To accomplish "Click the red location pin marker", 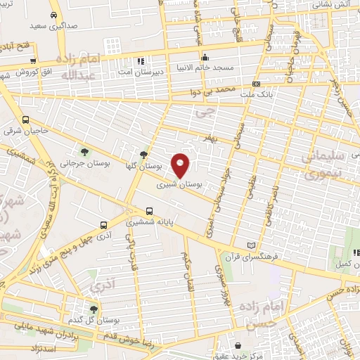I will [x=181, y=165].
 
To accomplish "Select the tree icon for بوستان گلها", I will [x=144, y=155].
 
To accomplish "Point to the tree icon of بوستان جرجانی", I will [x=85, y=152].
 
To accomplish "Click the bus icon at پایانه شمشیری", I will [x=149, y=210].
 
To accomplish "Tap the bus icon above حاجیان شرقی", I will [x=26, y=120].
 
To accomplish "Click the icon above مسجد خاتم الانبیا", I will [x=205, y=58].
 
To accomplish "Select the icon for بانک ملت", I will [x=256, y=84].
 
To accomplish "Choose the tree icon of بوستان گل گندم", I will [x=94, y=309].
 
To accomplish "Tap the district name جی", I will [x=204, y=111].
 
